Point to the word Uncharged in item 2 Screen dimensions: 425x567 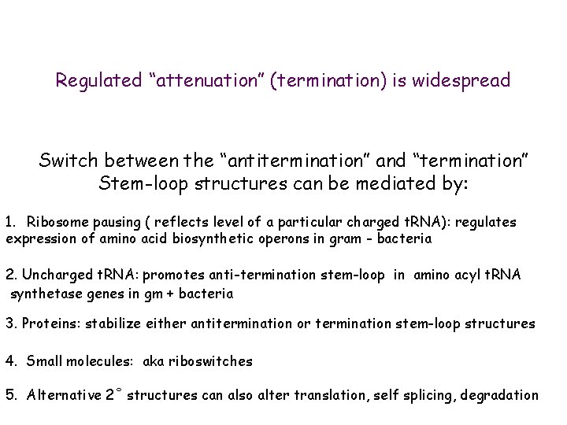[x=53, y=275]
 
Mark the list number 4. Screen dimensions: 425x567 [x=10, y=361]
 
